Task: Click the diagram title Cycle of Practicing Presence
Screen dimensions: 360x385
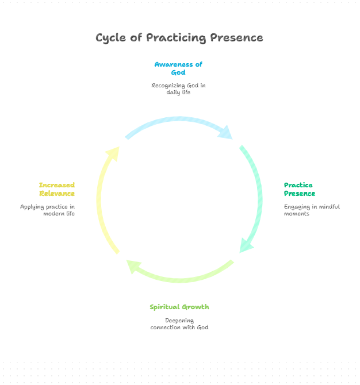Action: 179,38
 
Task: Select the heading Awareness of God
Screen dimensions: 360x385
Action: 178,68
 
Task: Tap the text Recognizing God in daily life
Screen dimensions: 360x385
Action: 178,89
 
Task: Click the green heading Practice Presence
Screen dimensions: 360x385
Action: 300,189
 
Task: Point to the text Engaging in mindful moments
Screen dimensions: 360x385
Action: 312,210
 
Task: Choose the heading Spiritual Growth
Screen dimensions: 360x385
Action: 179,307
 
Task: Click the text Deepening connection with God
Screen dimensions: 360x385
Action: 179,324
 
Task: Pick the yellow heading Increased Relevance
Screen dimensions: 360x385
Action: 57,189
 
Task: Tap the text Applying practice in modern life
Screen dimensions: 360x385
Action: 47,210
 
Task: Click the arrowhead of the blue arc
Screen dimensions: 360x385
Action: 226,133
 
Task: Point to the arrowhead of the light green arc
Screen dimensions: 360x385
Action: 133,266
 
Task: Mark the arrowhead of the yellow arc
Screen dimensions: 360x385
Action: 114,153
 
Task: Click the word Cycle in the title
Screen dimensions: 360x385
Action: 110,38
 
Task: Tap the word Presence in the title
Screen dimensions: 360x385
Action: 236,37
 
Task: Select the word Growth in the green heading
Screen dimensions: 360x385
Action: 196,307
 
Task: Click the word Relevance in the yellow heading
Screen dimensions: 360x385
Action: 57,194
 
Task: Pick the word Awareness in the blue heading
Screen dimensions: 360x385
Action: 174,64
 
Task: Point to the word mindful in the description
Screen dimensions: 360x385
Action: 330,206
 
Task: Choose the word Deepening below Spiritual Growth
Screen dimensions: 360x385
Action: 179,321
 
